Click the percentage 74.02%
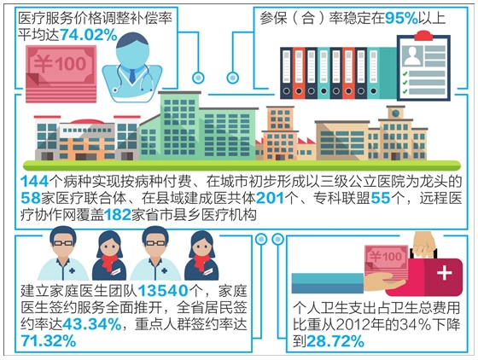coord(89,35)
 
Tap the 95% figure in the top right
coord(401,18)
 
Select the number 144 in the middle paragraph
coord(34,182)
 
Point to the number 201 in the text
coord(270,198)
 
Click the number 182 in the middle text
coord(118,215)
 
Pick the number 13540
coord(163,291)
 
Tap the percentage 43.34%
coord(92,324)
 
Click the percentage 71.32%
coord(48,341)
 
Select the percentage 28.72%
coord(335,341)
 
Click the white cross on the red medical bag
coord(444,273)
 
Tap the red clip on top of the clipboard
coord(423,36)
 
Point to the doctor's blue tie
coord(132,76)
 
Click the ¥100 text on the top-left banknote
coord(60,63)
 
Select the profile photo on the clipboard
coord(411,55)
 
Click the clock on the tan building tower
coord(396,113)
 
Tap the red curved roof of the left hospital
coord(87,121)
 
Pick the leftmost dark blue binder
coord(286,73)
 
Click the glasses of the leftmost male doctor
coord(63,243)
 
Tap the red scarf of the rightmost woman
coord(201,262)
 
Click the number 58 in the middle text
coord(31,198)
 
